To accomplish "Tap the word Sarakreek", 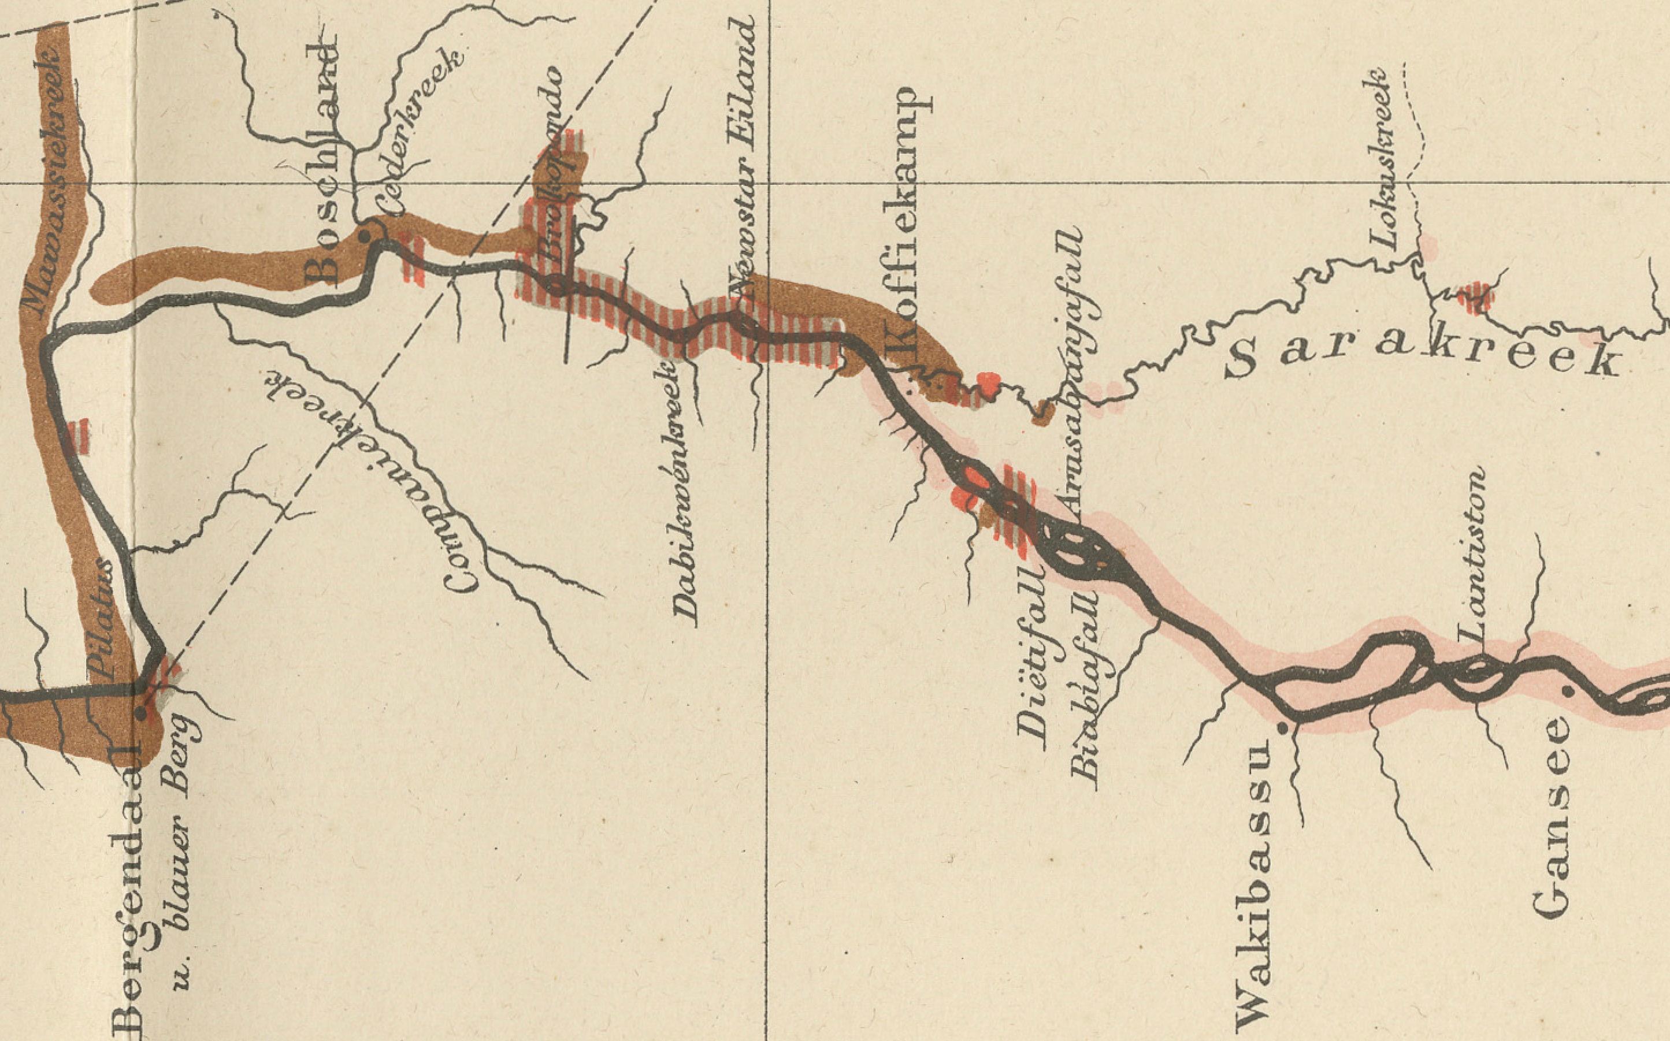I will point(1422,359).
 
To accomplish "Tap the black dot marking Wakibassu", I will point(1282,728).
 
